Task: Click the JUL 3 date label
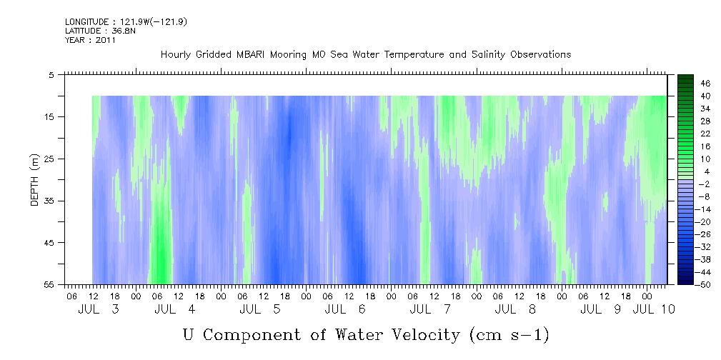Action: point(99,309)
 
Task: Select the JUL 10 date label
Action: point(654,309)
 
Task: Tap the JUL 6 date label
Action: point(345,309)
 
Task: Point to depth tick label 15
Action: point(48,116)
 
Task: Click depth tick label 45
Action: point(48,242)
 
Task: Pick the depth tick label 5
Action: point(51,75)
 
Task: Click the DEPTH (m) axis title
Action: point(35,180)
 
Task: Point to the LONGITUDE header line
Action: point(126,21)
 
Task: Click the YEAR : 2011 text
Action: point(90,40)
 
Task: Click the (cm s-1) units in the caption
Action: point(509,335)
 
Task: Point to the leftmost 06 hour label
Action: point(71,296)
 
